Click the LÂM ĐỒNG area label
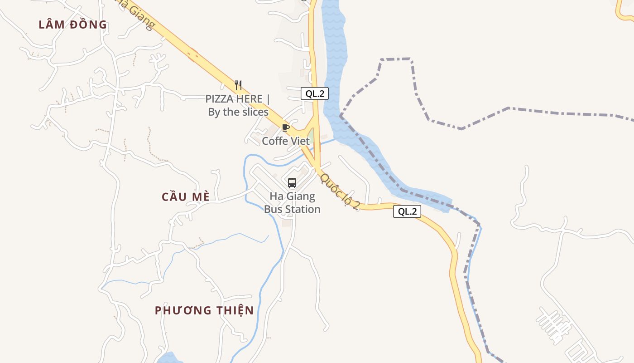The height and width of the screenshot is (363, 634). click(72, 25)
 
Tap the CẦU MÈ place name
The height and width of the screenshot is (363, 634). click(186, 197)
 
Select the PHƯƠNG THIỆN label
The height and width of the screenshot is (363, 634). click(204, 310)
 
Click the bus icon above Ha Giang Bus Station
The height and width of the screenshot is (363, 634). click(292, 183)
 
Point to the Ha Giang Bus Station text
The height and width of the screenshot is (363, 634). click(292, 203)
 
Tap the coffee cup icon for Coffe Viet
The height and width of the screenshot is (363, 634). click(285, 128)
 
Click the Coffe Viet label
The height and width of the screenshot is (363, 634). click(286, 141)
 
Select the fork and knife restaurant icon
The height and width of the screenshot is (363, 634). click(238, 85)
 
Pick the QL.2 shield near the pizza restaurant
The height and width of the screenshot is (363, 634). click(315, 94)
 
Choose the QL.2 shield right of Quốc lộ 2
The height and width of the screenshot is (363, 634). click(407, 211)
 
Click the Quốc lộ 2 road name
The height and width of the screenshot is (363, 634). click(340, 191)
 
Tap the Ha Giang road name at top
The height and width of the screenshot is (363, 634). click(134, 14)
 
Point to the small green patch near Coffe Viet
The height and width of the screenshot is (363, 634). click(311, 136)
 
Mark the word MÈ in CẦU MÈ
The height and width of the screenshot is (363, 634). click(200, 197)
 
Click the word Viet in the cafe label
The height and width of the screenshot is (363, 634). click(300, 141)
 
